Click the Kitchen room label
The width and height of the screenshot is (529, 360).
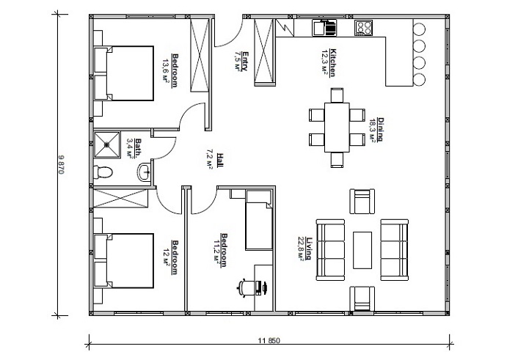click(x=332, y=63)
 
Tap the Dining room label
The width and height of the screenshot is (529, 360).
click(x=381, y=130)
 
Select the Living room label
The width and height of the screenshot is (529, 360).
click(x=309, y=249)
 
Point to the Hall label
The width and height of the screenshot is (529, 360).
click(x=219, y=161)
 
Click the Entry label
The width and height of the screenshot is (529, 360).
click(x=245, y=61)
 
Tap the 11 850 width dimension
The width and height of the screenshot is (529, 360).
click(x=269, y=340)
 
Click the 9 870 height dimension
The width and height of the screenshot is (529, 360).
click(x=61, y=164)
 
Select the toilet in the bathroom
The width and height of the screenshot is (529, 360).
click(x=103, y=172)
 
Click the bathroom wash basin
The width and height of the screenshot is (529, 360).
click(x=145, y=172)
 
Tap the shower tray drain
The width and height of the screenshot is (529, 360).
click(x=106, y=144)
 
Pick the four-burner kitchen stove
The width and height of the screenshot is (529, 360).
click(x=364, y=28)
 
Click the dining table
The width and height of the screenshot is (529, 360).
click(x=337, y=128)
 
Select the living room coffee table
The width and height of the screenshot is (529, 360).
click(x=362, y=250)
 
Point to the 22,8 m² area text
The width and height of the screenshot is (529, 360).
click(x=301, y=249)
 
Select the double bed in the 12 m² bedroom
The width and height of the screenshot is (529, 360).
click(x=123, y=261)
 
